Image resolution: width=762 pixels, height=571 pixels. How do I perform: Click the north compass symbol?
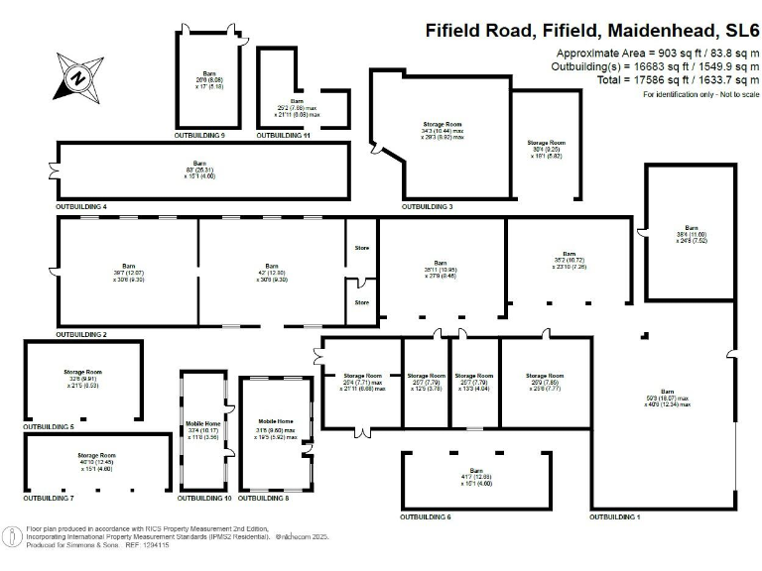pyautogui.click(x=75, y=76)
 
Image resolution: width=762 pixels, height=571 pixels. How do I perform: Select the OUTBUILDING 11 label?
pyautogui.click(x=284, y=134)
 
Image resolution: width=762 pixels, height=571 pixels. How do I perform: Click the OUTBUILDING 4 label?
pyautogui.click(x=81, y=206)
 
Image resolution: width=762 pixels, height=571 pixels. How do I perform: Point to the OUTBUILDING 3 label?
pyautogui.click(x=428, y=206)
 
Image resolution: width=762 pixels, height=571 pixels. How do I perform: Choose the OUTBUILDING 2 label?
pyautogui.click(x=81, y=335)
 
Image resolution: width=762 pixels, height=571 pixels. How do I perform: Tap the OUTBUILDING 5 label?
pyautogui.click(x=49, y=426)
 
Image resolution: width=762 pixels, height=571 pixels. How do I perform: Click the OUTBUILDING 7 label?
pyautogui.click(x=49, y=497)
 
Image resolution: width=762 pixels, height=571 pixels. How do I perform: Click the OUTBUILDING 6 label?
pyautogui.click(x=426, y=517)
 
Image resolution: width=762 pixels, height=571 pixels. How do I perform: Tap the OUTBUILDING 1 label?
pyautogui.click(x=615, y=517)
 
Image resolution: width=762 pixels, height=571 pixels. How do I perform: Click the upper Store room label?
pyautogui.click(x=362, y=247)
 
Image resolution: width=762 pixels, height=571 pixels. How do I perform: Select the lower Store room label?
pyautogui.click(x=362, y=302)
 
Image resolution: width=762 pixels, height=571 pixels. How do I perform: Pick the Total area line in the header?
pyautogui.click(x=667, y=79)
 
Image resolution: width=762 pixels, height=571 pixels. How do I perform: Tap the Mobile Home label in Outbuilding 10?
pyautogui.click(x=202, y=423)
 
